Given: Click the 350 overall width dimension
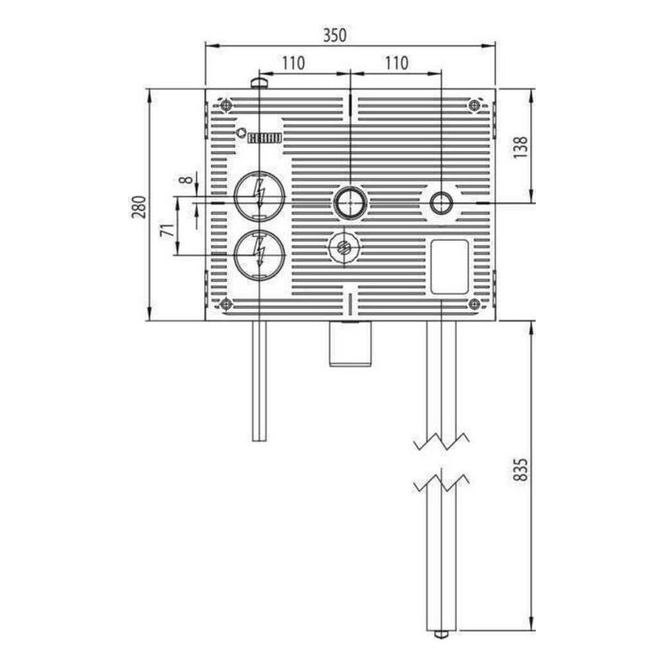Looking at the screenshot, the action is pos(335,35).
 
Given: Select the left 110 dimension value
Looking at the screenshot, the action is pos(293,63).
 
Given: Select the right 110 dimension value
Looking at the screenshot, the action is pos(396,63).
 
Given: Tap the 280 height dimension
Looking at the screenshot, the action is pos(139,207).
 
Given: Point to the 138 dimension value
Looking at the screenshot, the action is pos(521,147).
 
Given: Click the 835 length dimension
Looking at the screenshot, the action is pos(521,469).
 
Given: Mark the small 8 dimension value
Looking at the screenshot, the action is pos(185,180).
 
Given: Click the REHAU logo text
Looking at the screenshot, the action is pos(264,138).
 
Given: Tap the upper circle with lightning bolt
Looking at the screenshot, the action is pos(259,195).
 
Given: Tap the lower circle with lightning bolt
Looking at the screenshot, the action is pos(259,255).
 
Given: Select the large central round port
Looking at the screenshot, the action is pos(351,203).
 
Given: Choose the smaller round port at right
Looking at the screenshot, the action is pos(442,203).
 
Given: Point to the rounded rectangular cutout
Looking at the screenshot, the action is pos(450,267).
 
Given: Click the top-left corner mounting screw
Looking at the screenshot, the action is pos(226,105).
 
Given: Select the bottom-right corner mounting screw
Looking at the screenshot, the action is pos(475,303).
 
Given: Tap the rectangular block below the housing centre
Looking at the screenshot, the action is pos(351,343).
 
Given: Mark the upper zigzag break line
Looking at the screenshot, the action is pos(442,441).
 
